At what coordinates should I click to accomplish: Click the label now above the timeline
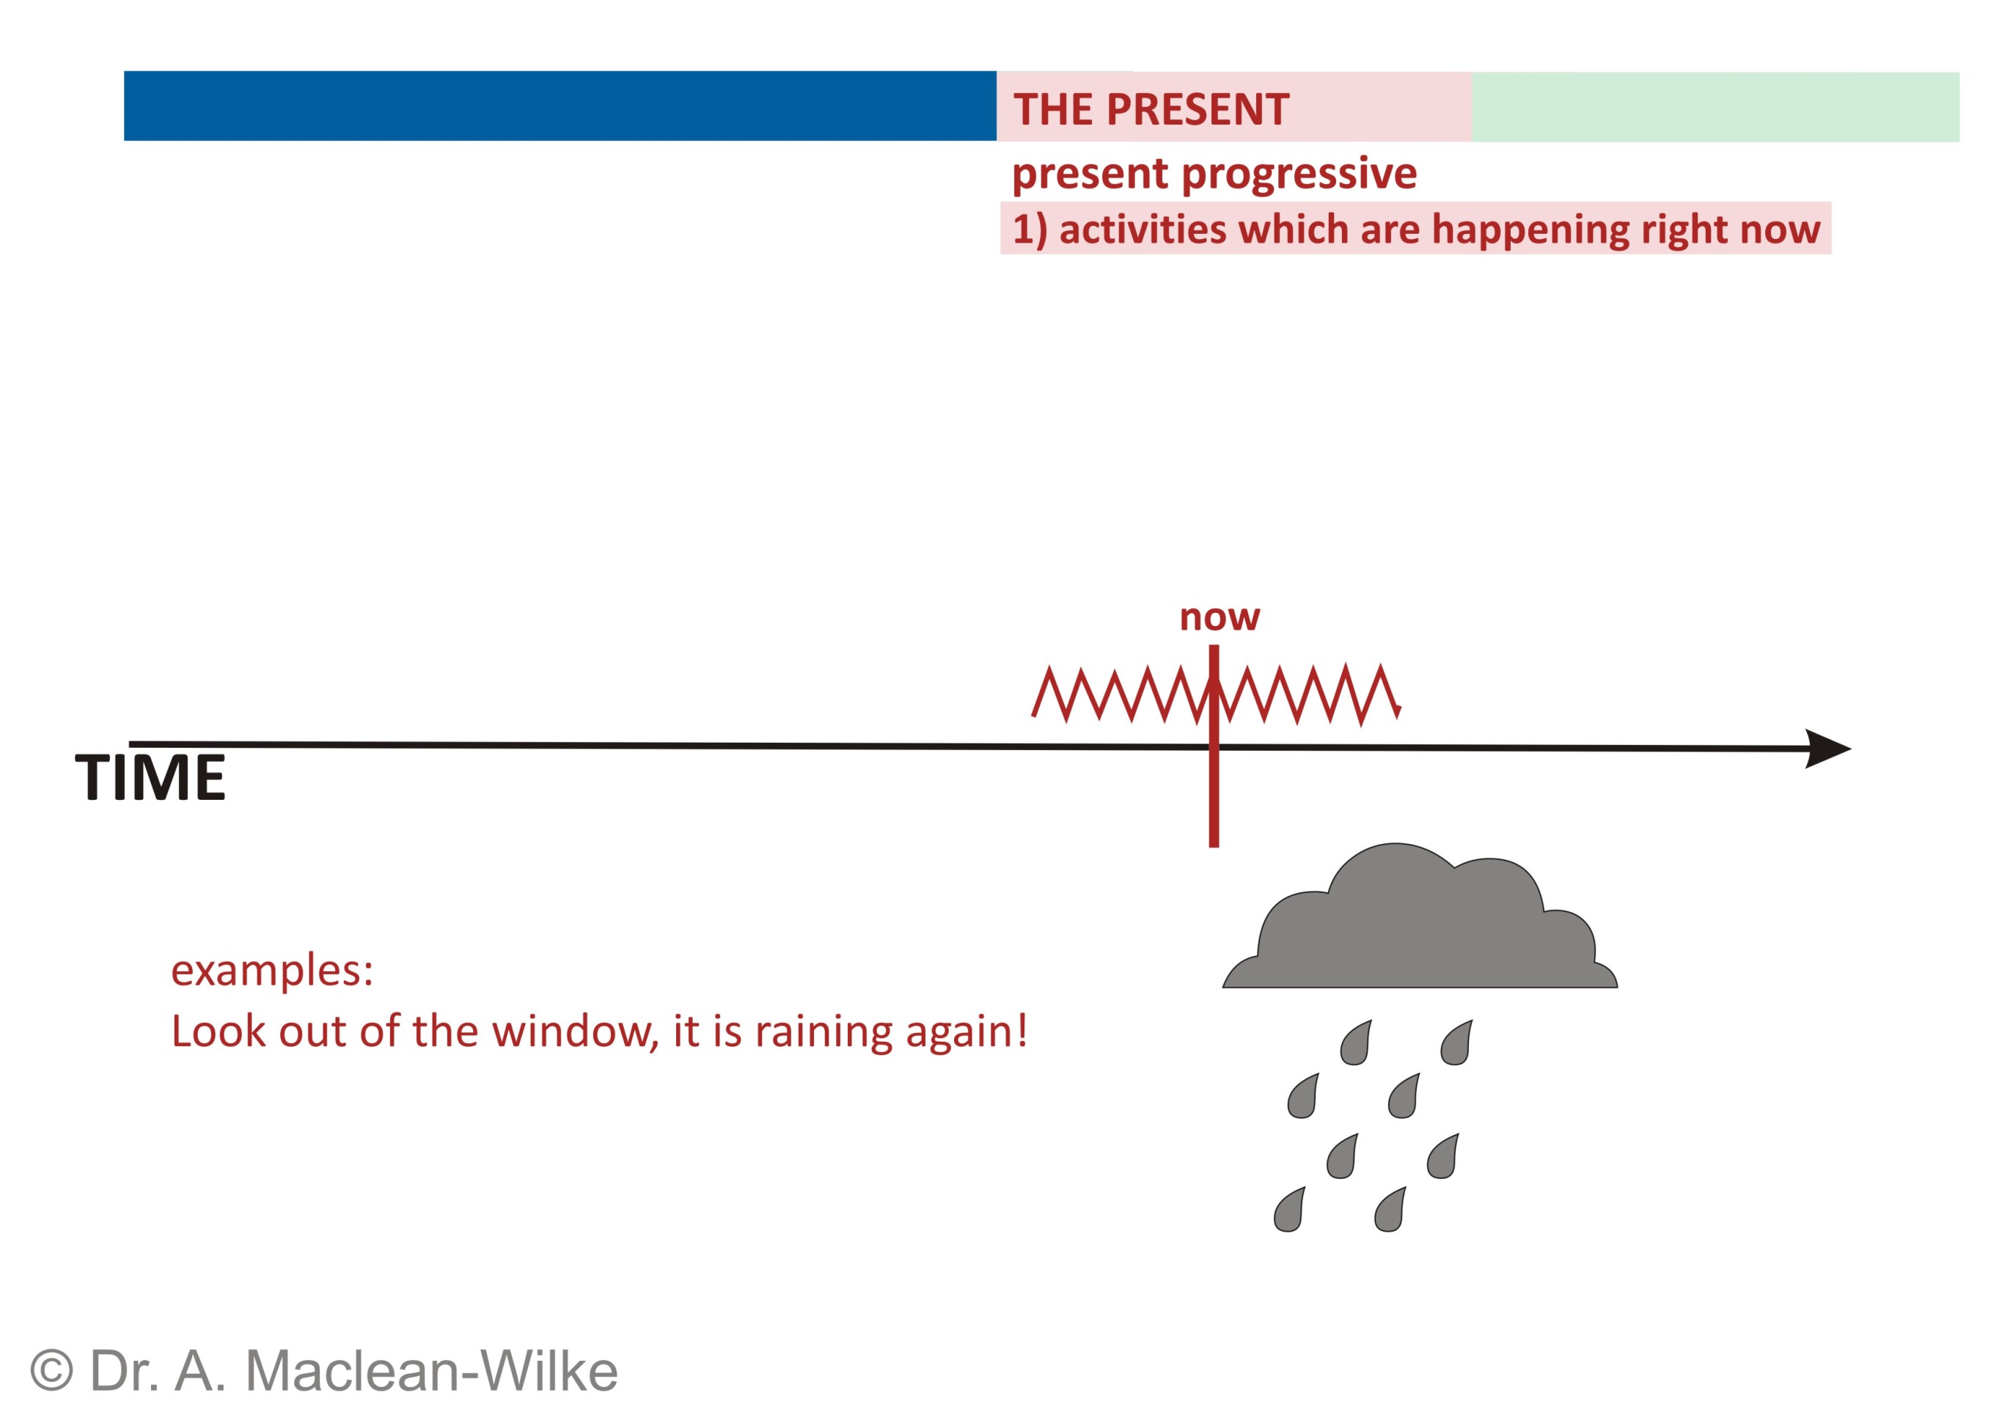coord(1220,618)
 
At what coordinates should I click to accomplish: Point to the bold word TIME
coord(150,777)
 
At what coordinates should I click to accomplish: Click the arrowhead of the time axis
coord(1827,749)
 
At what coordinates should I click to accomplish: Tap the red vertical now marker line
coord(1214,746)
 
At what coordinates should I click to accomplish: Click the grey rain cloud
coord(1419,916)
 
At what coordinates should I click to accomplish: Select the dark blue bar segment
coord(560,106)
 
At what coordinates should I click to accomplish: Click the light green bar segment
coord(1715,107)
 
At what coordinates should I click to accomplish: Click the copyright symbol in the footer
coord(52,1370)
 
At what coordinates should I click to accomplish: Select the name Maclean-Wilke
coord(431,1370)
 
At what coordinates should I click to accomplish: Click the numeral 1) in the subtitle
coord(1030,230)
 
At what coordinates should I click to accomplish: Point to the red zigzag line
coord(1217,695)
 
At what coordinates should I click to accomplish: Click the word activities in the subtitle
coord(1143,229)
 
